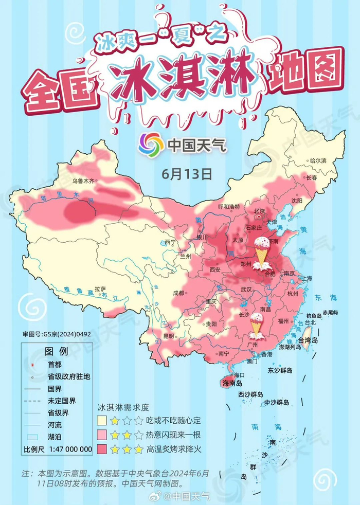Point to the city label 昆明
(169, 336)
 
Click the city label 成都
(178, 293)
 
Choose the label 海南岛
(232, 383)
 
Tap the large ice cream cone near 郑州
(262, 252)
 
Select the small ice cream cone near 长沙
(256, 324)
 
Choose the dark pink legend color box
(104, 449)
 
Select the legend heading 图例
(57, 352)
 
